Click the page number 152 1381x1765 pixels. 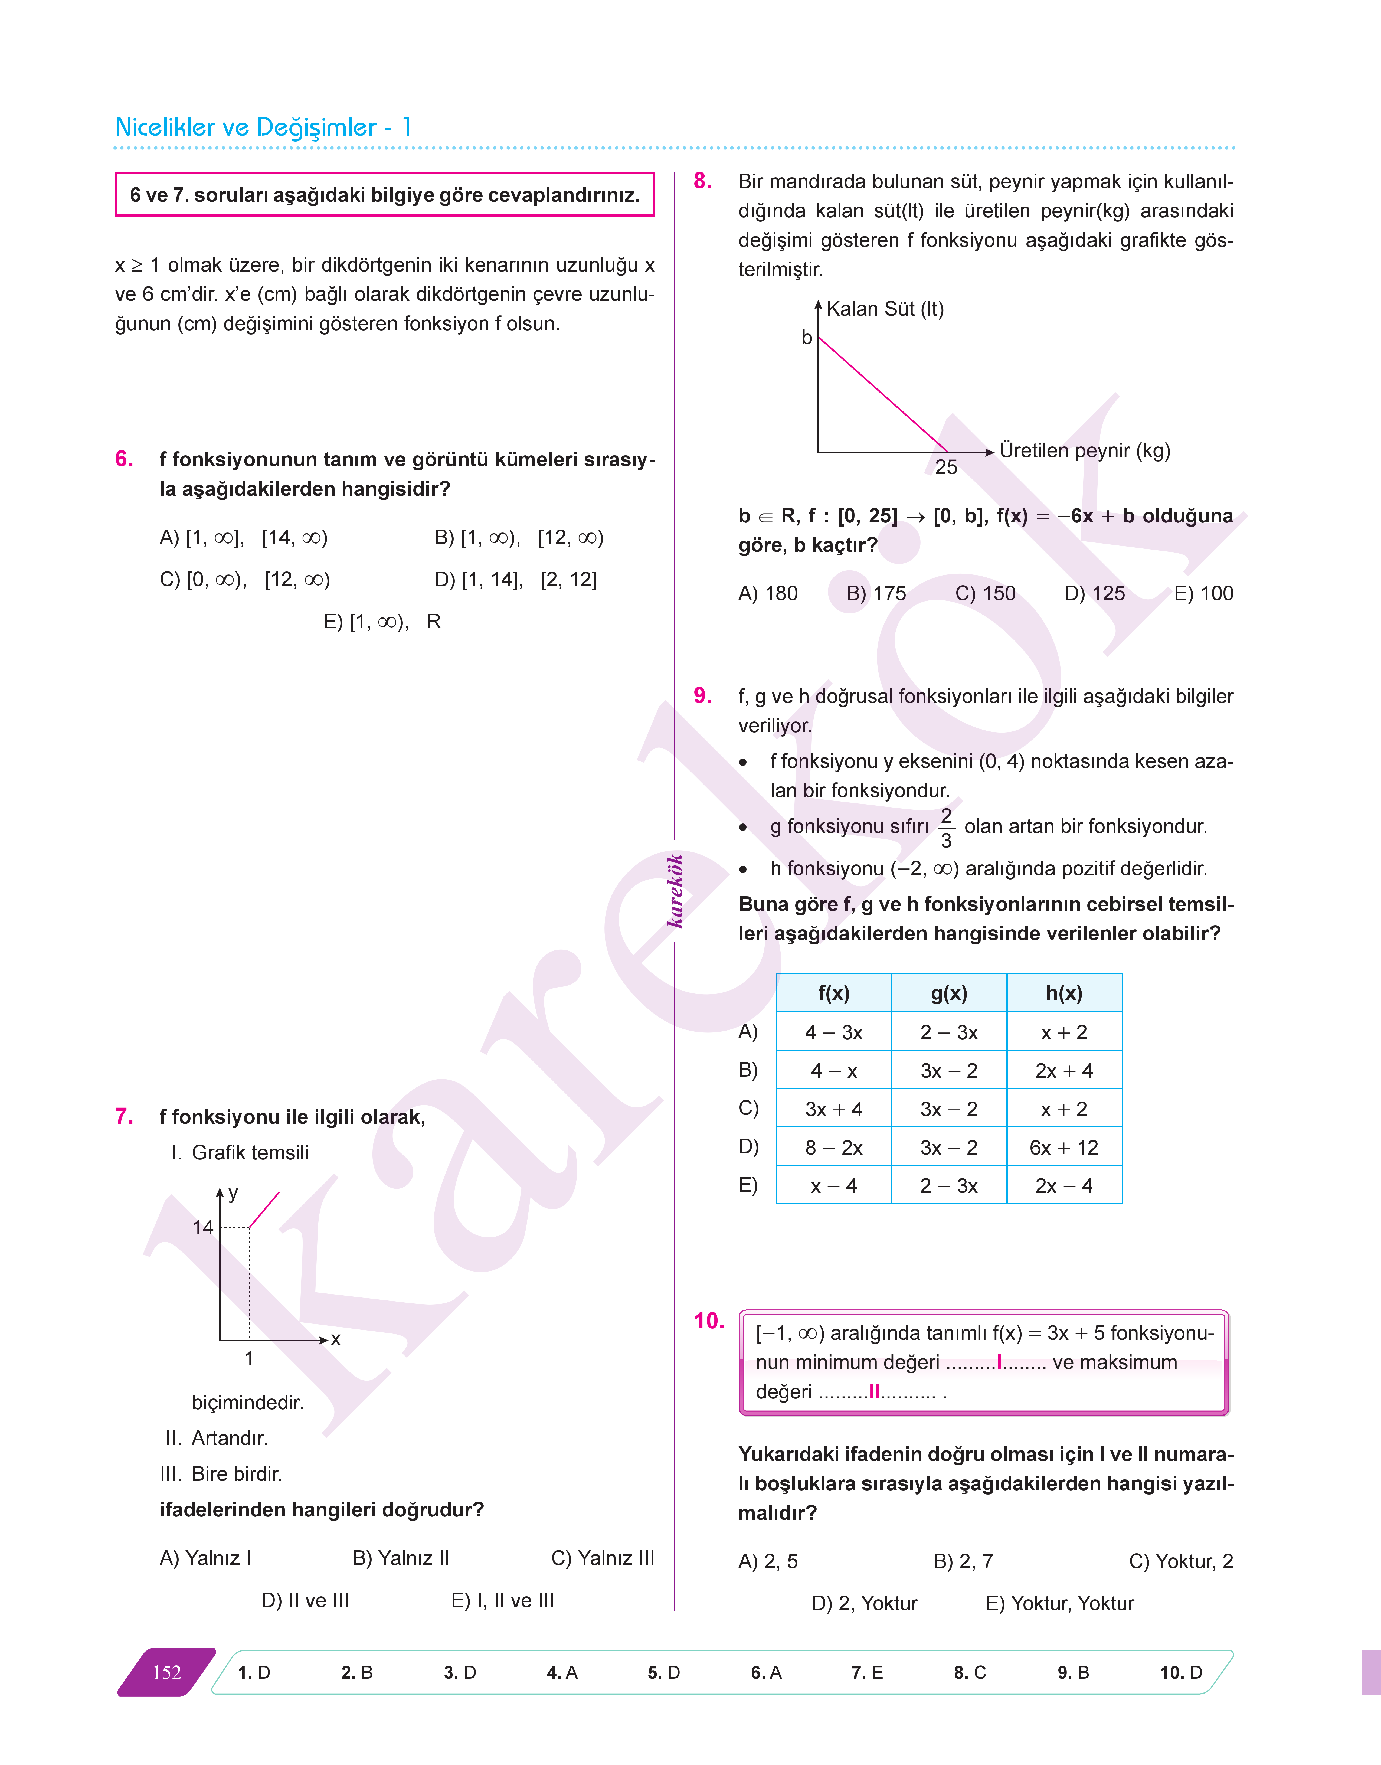166,1672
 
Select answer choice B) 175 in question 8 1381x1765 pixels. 876,593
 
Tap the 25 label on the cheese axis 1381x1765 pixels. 946,467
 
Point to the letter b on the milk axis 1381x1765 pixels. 806,337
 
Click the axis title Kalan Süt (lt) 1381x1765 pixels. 885,309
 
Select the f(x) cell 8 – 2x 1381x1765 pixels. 834,1147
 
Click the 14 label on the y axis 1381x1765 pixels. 203,1227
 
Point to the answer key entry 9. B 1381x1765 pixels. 1073,1672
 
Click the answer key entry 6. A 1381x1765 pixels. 766,1672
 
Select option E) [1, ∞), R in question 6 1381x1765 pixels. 382,622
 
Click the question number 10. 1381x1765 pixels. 709,1321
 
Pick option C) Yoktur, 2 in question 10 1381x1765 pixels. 1180,1561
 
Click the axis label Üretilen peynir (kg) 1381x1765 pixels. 1084,450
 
